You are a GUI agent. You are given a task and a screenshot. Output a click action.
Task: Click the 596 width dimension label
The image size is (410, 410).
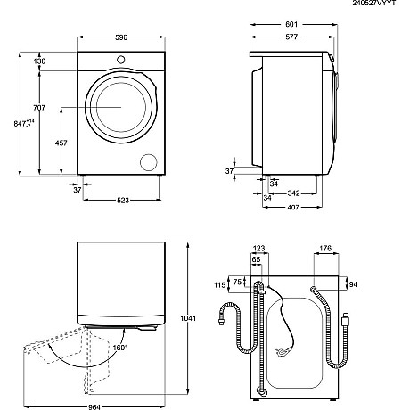[x=121, y=37]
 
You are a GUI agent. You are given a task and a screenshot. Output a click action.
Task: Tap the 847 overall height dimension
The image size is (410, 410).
[x=24, y=123]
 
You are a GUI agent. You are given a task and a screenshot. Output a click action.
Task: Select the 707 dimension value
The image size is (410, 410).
[x=39, y=108]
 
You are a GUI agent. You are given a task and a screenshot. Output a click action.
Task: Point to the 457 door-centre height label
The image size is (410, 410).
[x=61, y=143]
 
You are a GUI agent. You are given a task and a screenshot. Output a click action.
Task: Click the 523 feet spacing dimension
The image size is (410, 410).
[x=123, y=201]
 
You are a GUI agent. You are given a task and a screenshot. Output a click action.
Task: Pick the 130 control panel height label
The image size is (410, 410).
[x=39, y=61]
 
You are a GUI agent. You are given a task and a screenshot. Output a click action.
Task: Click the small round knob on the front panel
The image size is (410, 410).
[x=121, y=60]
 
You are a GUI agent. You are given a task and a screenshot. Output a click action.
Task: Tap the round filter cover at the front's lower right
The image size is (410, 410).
[x=149, y=162]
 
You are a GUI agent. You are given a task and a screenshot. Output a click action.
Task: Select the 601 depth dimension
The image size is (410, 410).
[x=291, y=24]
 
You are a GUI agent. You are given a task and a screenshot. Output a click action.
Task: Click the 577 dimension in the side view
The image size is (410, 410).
[x=291, y=37]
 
